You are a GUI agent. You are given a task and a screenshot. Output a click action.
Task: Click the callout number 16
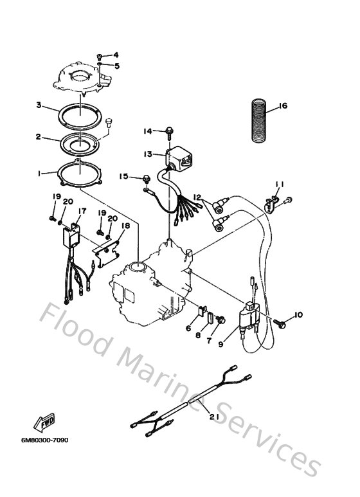283,106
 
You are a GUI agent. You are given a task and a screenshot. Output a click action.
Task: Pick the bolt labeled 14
167,132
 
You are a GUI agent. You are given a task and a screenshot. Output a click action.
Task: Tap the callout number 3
39,105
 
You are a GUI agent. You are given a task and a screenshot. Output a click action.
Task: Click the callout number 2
39,136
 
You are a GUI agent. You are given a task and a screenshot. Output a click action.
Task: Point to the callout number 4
116,55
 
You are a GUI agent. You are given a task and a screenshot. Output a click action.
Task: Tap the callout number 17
82,211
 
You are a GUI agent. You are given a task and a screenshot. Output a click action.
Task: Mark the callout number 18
125,226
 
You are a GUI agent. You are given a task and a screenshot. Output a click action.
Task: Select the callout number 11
279,185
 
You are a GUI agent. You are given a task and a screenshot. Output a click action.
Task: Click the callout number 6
188,328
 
